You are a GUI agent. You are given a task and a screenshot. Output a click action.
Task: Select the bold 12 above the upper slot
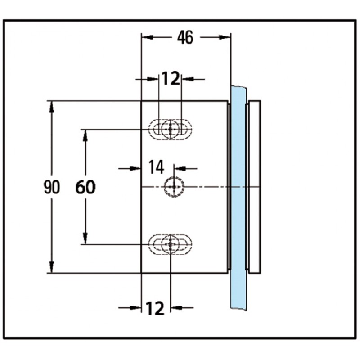(x=171, y=79)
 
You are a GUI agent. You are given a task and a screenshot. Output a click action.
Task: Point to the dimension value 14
(x=156, y=168)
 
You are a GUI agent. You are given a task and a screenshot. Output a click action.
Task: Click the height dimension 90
(x=52, y=187)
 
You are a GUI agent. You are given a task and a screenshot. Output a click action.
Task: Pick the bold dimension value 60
(x=85, y=187)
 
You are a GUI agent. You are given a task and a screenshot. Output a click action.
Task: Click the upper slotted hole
(x=171, y=130)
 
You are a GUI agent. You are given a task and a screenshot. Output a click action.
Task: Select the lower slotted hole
(x=171, y=244)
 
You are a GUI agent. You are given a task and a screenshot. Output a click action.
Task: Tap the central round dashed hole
(x=174, y=186)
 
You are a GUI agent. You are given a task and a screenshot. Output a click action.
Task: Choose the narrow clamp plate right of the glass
(x=254, y=187)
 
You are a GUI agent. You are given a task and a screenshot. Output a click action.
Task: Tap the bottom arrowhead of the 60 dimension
(x=85, y=240)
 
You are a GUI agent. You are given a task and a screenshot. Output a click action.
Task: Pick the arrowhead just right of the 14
(x=179, y=168)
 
